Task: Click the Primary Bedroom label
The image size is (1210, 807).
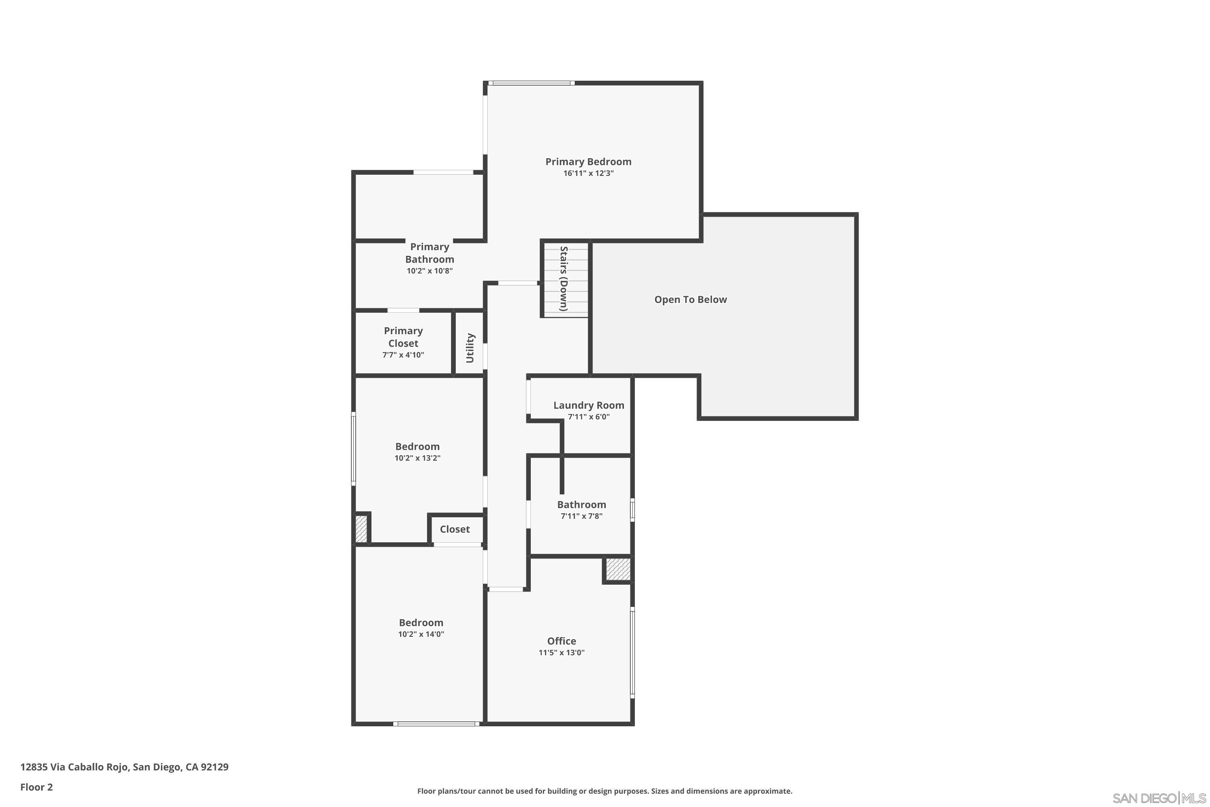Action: tap(588, 162)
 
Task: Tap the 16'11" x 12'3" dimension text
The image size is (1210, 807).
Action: tap(588, 174)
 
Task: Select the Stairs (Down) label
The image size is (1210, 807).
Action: tap(564, 278)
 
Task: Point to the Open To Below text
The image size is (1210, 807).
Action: tap(691, 299)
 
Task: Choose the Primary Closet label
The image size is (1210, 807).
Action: tap(403, 337)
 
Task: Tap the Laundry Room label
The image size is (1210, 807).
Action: tap(588, 406)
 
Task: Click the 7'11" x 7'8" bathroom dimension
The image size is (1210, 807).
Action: tap(581, 516)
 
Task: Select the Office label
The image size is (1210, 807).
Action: tap(561, 641)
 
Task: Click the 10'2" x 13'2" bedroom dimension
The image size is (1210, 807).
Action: tap(417, 458)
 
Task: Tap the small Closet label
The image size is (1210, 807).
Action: tap(455, 529)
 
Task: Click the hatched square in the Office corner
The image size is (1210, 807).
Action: tap(618, 569)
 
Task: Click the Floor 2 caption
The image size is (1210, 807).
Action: tap(37, 787)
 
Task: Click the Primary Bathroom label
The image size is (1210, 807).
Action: tap(430, 253)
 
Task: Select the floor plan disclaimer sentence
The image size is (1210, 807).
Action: tap(605, 791)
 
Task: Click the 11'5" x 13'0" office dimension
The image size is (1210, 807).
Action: tap(561, 652)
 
